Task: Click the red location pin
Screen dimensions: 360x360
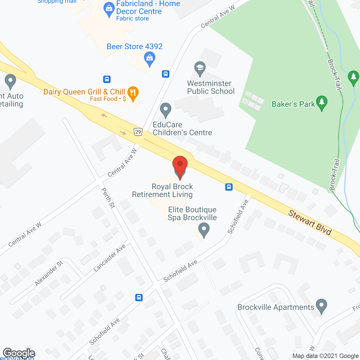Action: [180, 166]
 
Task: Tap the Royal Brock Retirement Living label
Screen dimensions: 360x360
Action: [163, 191]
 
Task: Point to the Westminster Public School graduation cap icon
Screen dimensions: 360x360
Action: [200, 68]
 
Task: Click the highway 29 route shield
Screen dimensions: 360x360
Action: [138, 132]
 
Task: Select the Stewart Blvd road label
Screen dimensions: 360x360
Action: [310, 222]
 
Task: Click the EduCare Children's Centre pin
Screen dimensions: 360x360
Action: [165, 110]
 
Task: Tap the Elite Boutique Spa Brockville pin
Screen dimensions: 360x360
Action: [204, 229]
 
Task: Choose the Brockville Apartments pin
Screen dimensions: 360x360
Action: [321, 306]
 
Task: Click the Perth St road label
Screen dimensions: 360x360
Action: [108, 198]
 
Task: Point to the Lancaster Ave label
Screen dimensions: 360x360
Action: [109, 258]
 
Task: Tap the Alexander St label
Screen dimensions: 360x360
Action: [49, 273]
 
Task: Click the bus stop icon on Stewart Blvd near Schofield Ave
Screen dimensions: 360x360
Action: [229, 187]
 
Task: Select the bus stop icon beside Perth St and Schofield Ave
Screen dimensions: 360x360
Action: [139, 297]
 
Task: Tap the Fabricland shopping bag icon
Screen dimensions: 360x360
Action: [109, 9]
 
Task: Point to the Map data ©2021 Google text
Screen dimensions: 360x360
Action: [326, 356]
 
